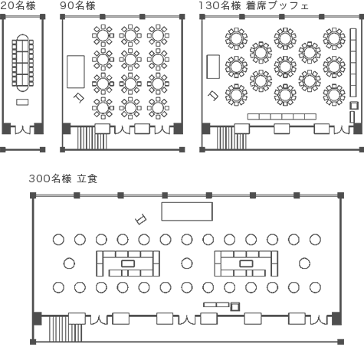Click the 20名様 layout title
pos(18,5)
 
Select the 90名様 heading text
pos(77,5)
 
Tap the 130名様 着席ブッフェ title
pos(254,5)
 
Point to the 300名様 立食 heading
pos(63,178)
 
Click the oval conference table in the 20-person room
pos(23,63)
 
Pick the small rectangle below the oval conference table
pos(22,102)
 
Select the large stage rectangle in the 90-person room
pos(76,72)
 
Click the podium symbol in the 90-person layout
pos(79,98)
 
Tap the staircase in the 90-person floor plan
pos(92,138)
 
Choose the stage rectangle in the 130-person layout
pos(213,67)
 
